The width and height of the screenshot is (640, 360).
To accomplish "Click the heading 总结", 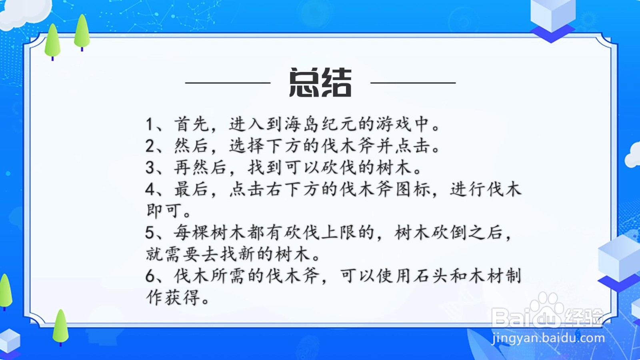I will (320, 82).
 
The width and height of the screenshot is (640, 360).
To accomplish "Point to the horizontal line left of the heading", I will (228, 83).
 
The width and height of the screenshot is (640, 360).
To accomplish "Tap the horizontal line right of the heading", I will (413, 83).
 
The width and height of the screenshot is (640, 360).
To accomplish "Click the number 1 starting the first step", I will (149, 124).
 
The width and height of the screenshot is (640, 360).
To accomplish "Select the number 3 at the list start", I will (150, 168).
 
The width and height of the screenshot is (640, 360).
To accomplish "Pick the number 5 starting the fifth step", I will (150, 233).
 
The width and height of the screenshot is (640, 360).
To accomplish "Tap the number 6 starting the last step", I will (150, 276).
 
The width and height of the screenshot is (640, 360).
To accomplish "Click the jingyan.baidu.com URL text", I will (548, 338).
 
